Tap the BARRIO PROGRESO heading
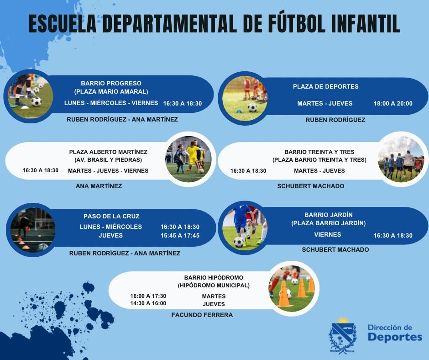[x=111, y=83]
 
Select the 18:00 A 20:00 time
[x=393, y=104]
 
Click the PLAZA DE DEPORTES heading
[x=325, y=87]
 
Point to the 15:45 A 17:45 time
[x=180, y=235]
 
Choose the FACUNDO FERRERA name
[x=202, y=315]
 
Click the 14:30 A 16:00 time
[x=148, y=303]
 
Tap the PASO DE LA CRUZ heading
[x=111, y=216]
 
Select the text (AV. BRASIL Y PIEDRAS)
[x=108, y=160]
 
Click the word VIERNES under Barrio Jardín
[x=328, y=234]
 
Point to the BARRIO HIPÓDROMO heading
[x=214, y=277]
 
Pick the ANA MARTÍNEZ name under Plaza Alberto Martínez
[x=99, y=186]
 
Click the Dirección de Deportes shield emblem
[x=343, y=336]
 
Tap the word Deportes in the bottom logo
[x=395, y=337]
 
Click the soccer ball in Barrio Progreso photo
[x=36, y=102]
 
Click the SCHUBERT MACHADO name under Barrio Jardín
[x=335, y=249]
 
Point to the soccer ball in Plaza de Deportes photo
[x=252, y=107]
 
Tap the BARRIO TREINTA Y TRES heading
[x=319, y=152]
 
